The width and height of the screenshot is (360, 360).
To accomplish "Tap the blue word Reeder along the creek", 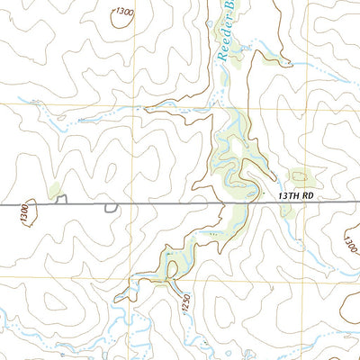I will (222, 40).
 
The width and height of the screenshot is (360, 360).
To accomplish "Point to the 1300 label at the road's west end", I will (24, 211).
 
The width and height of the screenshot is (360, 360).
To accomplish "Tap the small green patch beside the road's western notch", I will (56, 190).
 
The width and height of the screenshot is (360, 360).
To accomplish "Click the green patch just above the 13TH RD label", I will (300, 177).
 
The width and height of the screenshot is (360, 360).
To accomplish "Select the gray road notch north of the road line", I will (62, 201).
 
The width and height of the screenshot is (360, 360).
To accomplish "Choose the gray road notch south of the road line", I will (111, 209).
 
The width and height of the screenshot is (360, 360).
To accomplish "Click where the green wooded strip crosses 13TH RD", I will (238, 205).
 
